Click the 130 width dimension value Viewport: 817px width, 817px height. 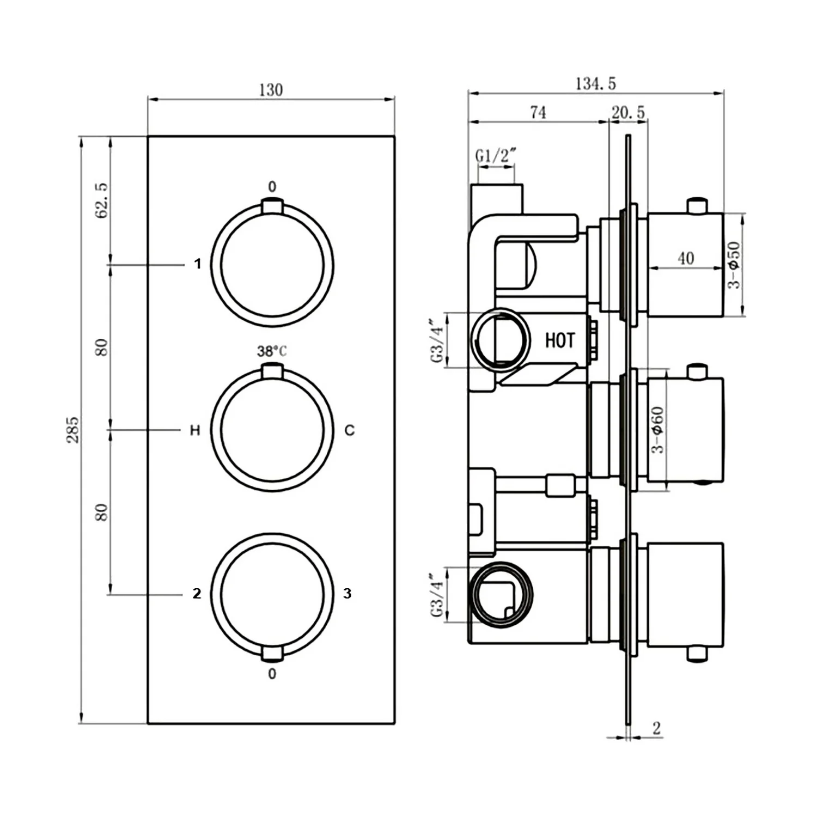[271, 90]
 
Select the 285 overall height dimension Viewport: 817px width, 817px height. [73, 430]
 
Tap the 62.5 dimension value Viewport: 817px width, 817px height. [102, 200]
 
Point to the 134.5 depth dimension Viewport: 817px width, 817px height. [595, 84]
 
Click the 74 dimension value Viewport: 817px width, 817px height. [538, 112]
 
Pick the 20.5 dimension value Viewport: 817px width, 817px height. [628, 113]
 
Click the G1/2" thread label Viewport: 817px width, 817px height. [495, 156]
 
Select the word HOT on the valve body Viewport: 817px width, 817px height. [560, 340]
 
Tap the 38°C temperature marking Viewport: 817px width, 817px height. [272, 351]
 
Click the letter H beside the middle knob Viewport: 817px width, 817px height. [195, 430]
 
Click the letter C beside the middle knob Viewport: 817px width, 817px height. [350, 430]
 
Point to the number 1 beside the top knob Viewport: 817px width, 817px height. [198, 264]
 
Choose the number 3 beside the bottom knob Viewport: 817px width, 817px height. [347, 593]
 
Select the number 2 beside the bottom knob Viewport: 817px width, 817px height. [197, 593]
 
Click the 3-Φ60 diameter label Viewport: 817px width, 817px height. [658, 430]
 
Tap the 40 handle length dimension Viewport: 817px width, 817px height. [686, 258]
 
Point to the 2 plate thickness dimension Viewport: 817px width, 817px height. [656, 728]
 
